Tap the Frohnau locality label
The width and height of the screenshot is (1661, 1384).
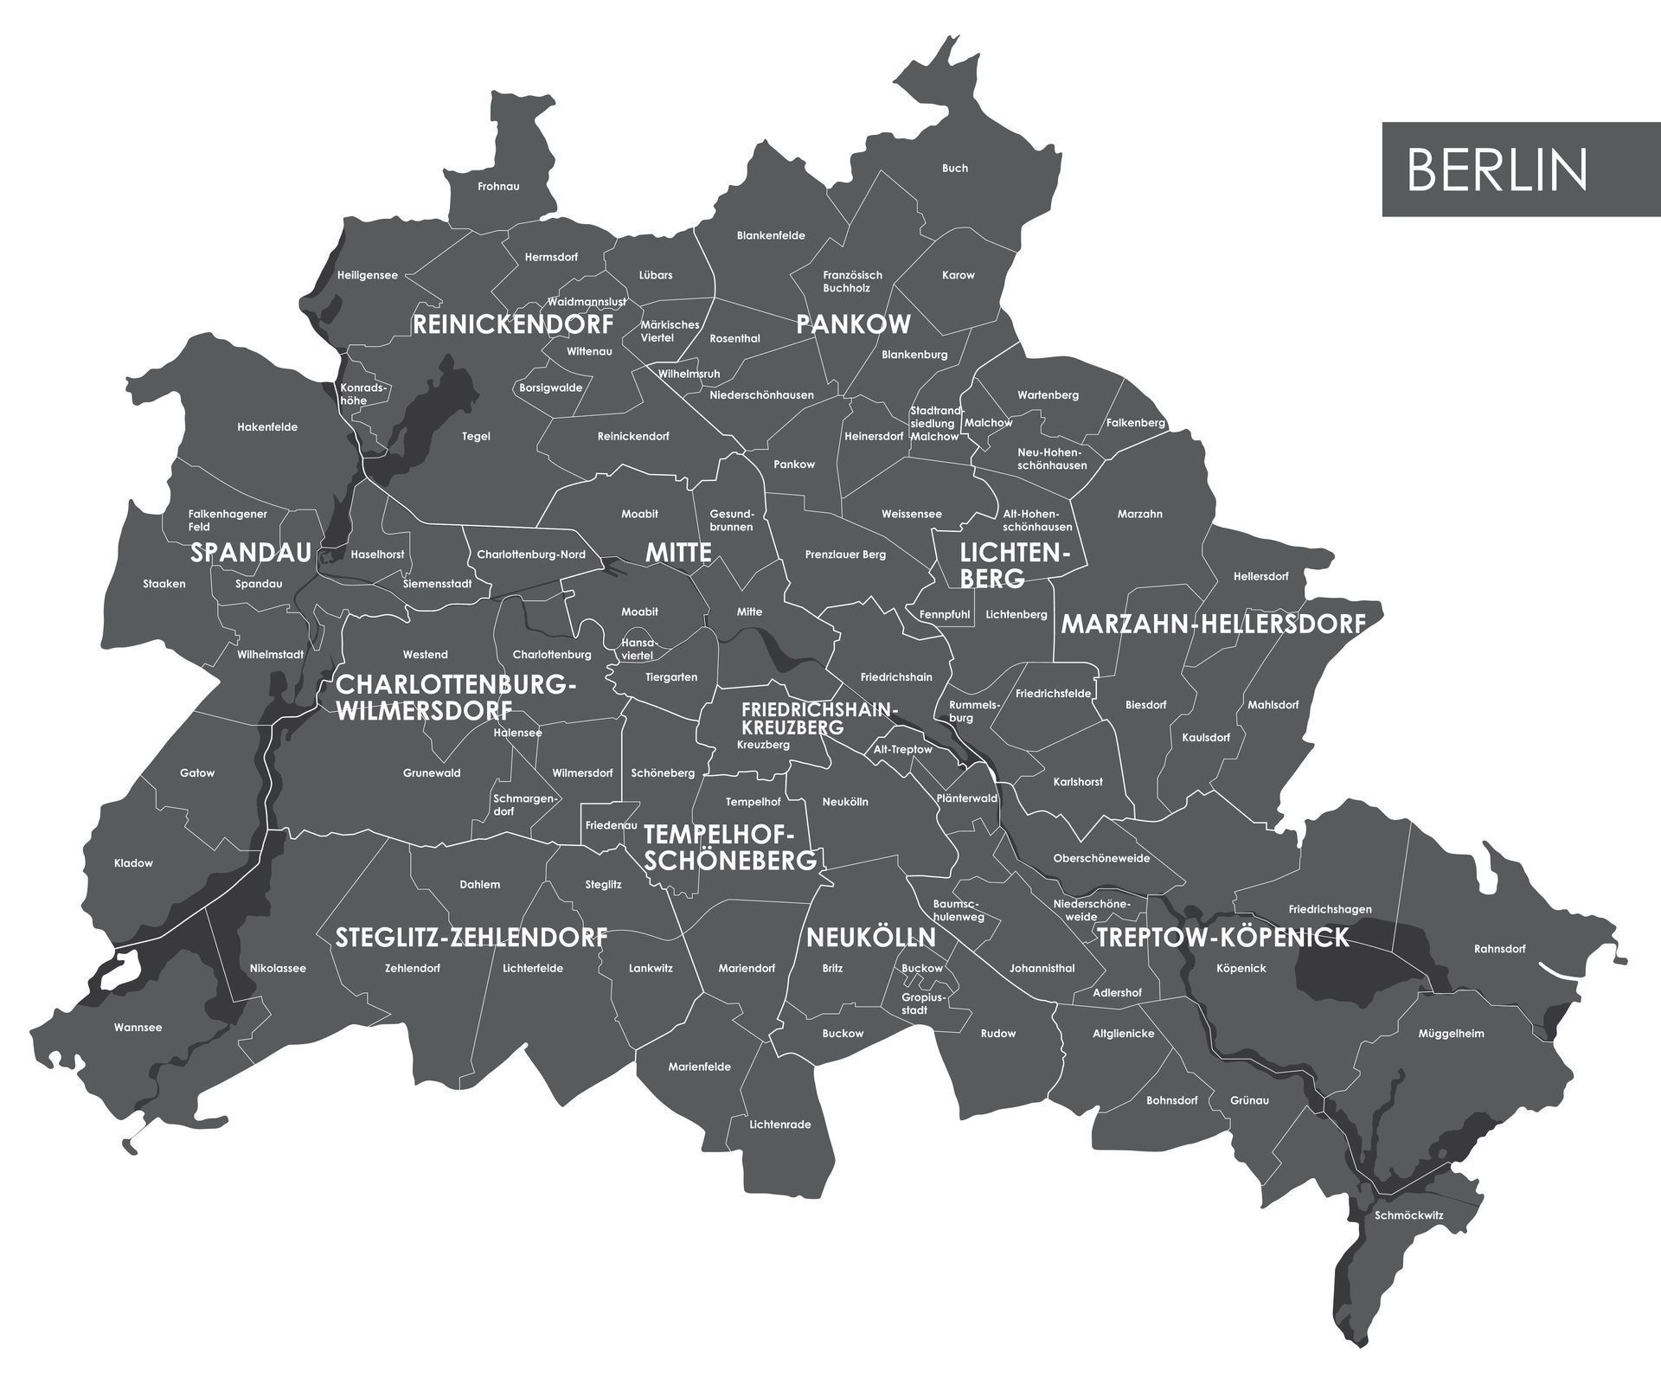click(x=498, y=187)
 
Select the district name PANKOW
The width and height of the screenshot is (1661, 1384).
click(x=853, y=324)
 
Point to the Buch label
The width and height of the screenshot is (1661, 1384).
click(x=955, y=168)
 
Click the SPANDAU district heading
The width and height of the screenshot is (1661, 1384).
click(x=250, y=553)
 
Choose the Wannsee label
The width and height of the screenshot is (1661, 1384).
click(x=138, y=1028)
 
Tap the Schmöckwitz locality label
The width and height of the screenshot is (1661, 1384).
click(x=1408, y=1215)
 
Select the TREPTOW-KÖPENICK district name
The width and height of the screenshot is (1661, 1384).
click(x=1222, y=938)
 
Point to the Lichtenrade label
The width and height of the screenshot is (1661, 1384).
click(x=780, y=1124)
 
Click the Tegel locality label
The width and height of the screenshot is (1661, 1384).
click(x=476, y=436)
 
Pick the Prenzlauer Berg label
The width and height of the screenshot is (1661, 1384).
click(x=845, y=554)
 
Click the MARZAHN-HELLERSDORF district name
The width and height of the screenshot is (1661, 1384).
click(x=1213, y=624)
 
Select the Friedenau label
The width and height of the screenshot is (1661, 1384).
click(x=611, y=826)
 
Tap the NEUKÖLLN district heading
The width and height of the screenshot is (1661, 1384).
click(x=870, y=938)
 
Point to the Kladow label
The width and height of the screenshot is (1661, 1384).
click(x=133, y=863)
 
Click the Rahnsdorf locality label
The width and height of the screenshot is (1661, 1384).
click(x=1499, y=949)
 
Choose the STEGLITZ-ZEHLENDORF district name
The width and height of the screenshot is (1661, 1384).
click(x=471, y=938)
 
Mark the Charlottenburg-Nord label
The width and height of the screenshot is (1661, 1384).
click(x=531, y=554)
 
